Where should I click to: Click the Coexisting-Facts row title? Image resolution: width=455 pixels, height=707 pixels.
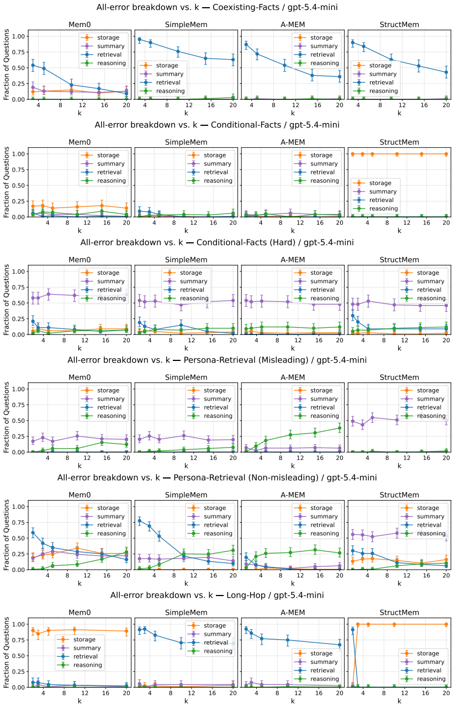(217, 7)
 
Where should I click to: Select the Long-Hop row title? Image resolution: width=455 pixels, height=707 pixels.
(217, 596)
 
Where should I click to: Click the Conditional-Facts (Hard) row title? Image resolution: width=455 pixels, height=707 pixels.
(217, 242)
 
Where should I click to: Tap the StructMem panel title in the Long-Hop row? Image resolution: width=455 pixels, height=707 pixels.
(399, 613)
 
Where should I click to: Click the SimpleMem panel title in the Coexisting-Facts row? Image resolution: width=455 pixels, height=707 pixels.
(186, 25)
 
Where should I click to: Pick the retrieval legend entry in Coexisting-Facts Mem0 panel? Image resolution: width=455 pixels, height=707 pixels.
(104, 55)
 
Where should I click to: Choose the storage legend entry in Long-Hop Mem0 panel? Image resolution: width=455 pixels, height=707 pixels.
(80, 640)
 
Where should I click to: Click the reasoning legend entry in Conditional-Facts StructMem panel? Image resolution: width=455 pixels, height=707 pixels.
(375, 209)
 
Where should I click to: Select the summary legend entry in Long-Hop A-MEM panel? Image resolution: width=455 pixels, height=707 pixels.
(316, 662)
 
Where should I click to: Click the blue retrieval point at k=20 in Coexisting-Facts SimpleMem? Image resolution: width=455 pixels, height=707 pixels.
(233, 60)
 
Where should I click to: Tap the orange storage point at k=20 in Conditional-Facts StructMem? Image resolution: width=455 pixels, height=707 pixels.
(446, 154)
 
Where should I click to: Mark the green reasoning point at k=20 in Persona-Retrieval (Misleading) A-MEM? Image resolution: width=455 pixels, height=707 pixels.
(340, 428)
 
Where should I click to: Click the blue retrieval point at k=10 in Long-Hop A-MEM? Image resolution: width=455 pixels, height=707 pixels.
(288, 640)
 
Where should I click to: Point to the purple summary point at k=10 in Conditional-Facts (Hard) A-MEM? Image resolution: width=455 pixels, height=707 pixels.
(288, 302)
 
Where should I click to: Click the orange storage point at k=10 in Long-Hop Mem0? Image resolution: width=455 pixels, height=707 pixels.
(75, 630)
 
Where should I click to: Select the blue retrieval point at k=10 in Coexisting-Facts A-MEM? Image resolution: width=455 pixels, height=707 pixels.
(284, 66)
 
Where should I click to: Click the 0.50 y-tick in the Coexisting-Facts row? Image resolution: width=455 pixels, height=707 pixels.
(18, 68)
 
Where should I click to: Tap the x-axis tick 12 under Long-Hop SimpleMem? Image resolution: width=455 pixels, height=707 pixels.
(192, 693)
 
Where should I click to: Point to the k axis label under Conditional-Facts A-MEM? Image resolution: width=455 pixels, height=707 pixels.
(293, 231)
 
